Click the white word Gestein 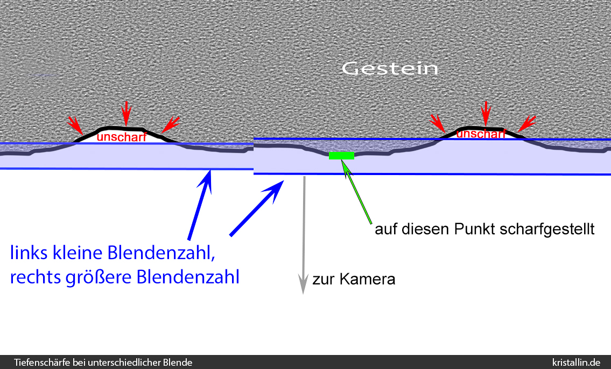click(390, 69)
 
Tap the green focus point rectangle click(341, 156)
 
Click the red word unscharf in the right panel click(481, 134)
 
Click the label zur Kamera click(354, 280)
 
